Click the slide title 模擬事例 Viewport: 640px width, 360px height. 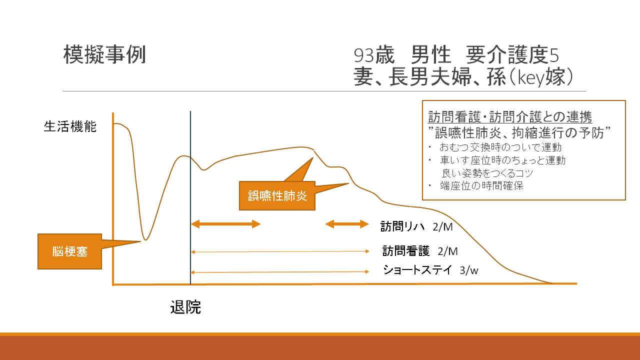click(104, 54)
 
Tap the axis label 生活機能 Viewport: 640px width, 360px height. click(70, 126)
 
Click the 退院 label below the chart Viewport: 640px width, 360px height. click(185, 307)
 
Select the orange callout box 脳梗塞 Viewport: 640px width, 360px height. click(69, 251)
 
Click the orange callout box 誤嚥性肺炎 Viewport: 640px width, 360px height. click(277, 195)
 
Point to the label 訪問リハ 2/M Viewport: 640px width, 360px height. click(416, 226)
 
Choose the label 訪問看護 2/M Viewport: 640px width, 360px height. click(420, 251)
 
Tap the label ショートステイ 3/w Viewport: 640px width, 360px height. click(430, 270)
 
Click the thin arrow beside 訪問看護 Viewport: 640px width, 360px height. click(280, 251)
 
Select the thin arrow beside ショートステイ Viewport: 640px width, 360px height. click(280, 272)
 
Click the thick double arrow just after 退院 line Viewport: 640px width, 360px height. click(225, 224)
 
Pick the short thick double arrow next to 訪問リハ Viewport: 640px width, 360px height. click(347, 224)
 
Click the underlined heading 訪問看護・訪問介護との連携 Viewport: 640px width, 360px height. click(510, 117)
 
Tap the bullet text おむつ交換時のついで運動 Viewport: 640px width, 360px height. click(500, 147)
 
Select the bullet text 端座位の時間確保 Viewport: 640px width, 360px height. click(481, 185)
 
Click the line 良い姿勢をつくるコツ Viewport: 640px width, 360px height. click(487, 173)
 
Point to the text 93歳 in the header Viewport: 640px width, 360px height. click(374, 55)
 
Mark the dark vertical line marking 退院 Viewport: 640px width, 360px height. click(190, 197)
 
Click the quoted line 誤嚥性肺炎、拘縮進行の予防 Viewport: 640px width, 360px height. click(519, 132)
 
